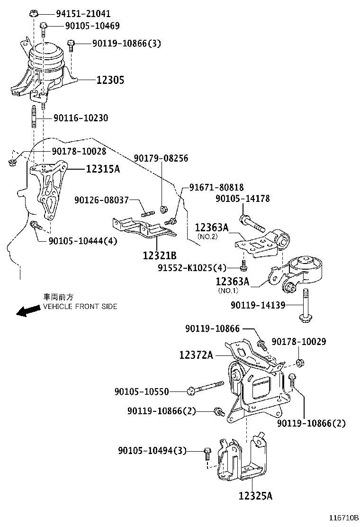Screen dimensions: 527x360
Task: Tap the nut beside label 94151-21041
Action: click(33, 13)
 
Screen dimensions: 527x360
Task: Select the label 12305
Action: click(110, 81)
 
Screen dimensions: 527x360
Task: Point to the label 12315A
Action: click(102, 169)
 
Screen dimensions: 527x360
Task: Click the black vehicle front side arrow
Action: click(27, 310)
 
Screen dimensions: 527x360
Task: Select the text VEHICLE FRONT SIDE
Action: click(80, 307)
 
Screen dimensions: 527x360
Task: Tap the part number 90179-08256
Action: click(161, 158)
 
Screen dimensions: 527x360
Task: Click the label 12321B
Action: click(160, 255)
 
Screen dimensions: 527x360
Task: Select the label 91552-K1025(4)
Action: click(199, 268)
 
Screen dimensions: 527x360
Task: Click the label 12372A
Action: click(196, 354)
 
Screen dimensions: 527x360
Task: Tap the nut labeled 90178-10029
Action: click(299, 363)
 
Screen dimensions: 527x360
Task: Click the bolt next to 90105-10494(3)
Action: click(207, 453)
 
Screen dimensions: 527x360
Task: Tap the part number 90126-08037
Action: click(101, 200)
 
